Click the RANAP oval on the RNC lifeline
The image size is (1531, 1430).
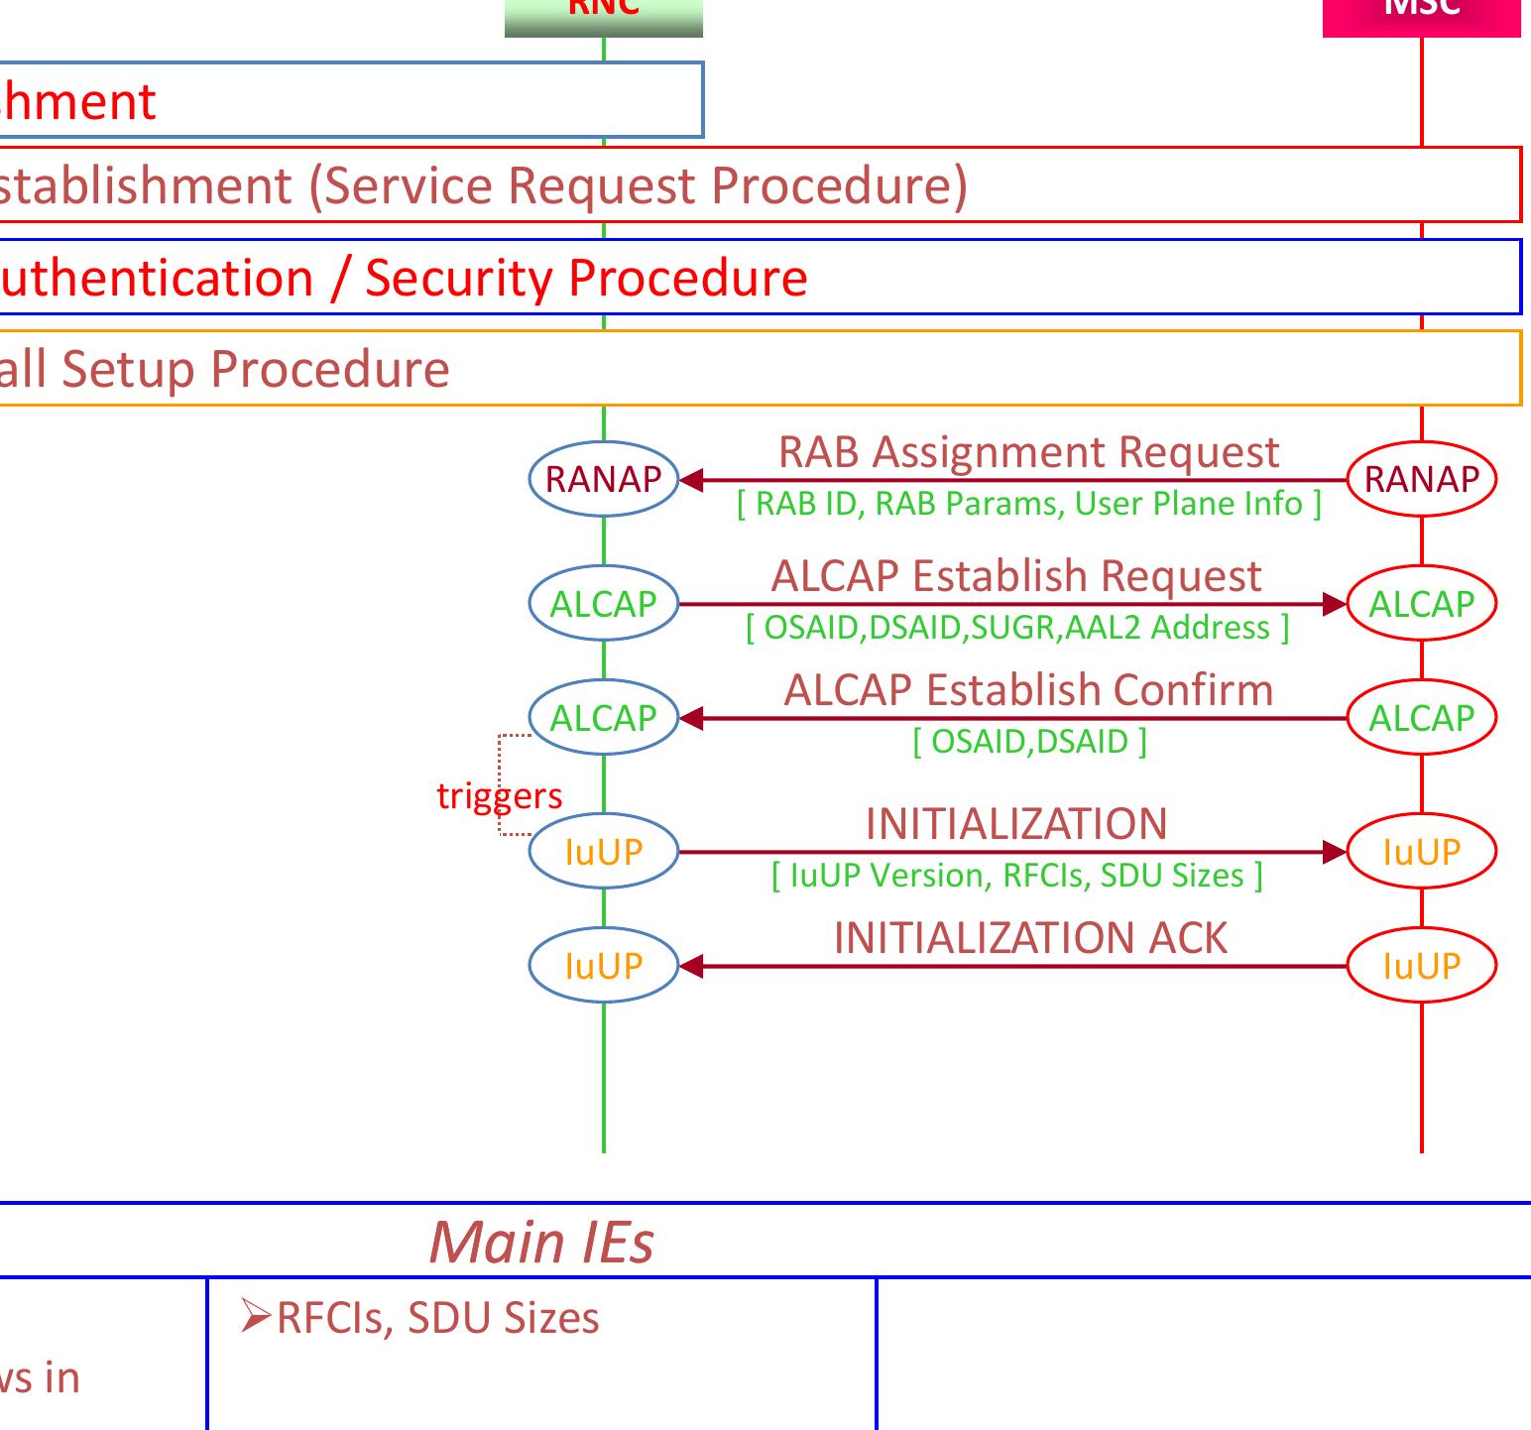pyautogui.click(x=603, y=479)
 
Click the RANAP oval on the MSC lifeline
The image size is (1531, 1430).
pyautogui.click(x=1421, y=479)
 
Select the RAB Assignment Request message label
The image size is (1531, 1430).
pyautogui.click(x=1028, y=452)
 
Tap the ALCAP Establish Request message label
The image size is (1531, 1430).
pyautogui.click(x=1016, y=576)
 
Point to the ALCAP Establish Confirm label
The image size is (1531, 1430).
pyautogui.click(x=1028, y=690)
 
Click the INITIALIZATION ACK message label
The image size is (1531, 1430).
pyautogui.click(x=1030, y=938)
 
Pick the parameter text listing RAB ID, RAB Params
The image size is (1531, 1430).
pyautogui.click(x=1028, y=504)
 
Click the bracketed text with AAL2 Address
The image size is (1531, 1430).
pyautogui.click(x=1017, y=628)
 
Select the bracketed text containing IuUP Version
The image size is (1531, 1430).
pyautogui.click(x=1017, y=876)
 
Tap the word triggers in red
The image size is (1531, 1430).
pyautogui.click(x=499, y=795)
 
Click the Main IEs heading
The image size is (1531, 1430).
pyautogui.click(x=541, y=1241)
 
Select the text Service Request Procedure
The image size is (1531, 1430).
pyautogui.click(x=639, y=185)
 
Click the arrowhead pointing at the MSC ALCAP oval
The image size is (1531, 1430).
pyautogui.click(x=1335, y=603)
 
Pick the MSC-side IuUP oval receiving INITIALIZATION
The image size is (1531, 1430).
pyautogui.click(x=1421, y=851)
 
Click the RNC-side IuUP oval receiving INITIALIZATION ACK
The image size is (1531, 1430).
pyautogui.click(x=603, y=965)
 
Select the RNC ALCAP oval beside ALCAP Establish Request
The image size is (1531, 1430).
pyautogui.click(x=603, y=603)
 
